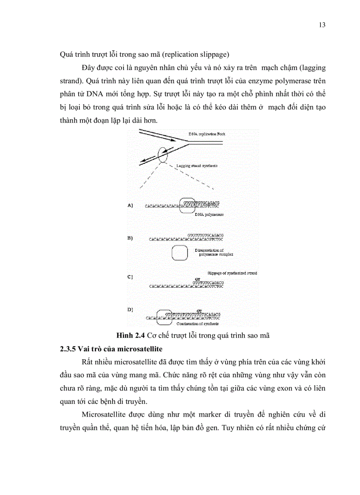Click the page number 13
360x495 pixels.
click(x=322, y=25)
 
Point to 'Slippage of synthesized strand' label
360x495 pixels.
click(x=232, y=273)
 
